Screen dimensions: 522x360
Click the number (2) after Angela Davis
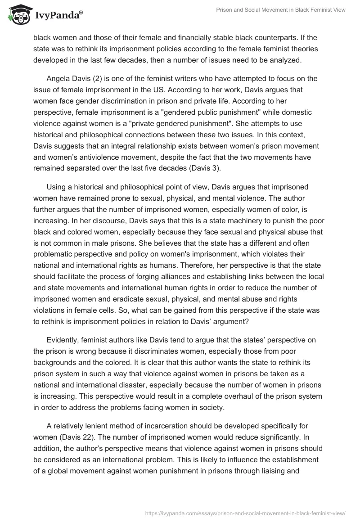click(x=98, y=78)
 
